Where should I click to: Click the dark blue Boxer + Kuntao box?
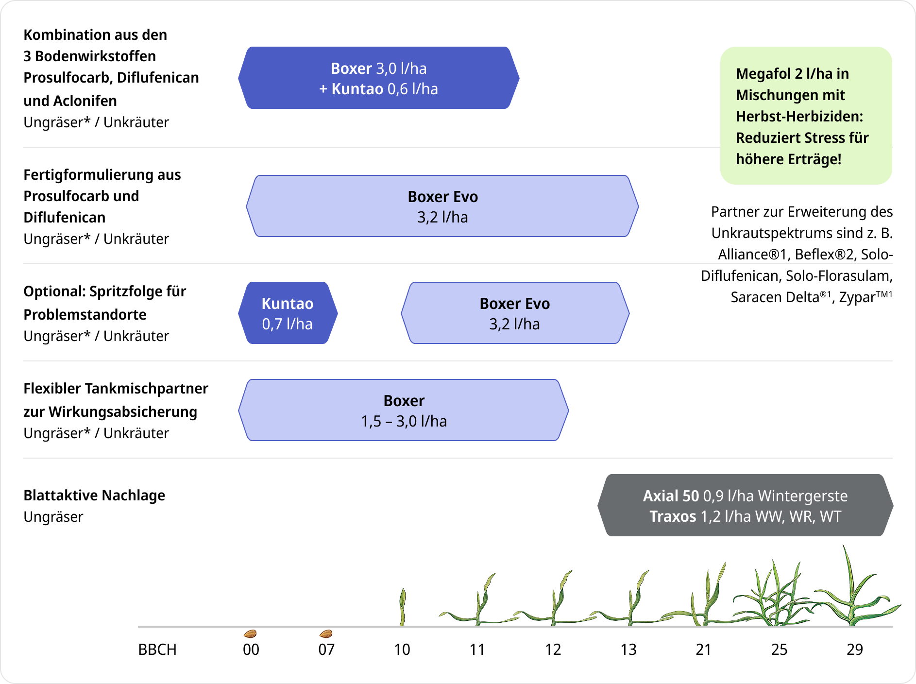click(379, 78)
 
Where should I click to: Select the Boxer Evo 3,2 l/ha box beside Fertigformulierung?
click(442, 206)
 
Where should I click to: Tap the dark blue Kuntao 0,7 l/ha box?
click(288, 313)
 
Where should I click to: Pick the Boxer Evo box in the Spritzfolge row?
click(515, 313)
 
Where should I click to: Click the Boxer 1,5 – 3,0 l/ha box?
click(404, 410)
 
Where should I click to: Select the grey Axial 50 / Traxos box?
click(745, 505)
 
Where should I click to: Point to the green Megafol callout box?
click(806, 116)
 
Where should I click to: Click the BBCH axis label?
click(157, 650)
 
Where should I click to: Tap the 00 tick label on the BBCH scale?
click(251, 650)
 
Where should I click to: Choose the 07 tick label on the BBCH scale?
click(326, 650)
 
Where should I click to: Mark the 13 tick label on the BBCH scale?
click(628, 650)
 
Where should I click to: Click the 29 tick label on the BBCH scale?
click(855, 650)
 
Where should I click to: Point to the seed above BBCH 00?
click(250, 633)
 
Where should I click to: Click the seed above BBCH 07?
click(326, 633)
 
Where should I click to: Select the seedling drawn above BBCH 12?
click(555, 600)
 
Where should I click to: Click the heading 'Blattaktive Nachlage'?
click(94, 495)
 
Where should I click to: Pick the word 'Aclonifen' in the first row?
click(85, 101)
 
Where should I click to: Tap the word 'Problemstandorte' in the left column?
click(85, 314)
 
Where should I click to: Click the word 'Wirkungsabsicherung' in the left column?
click(123, 411)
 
